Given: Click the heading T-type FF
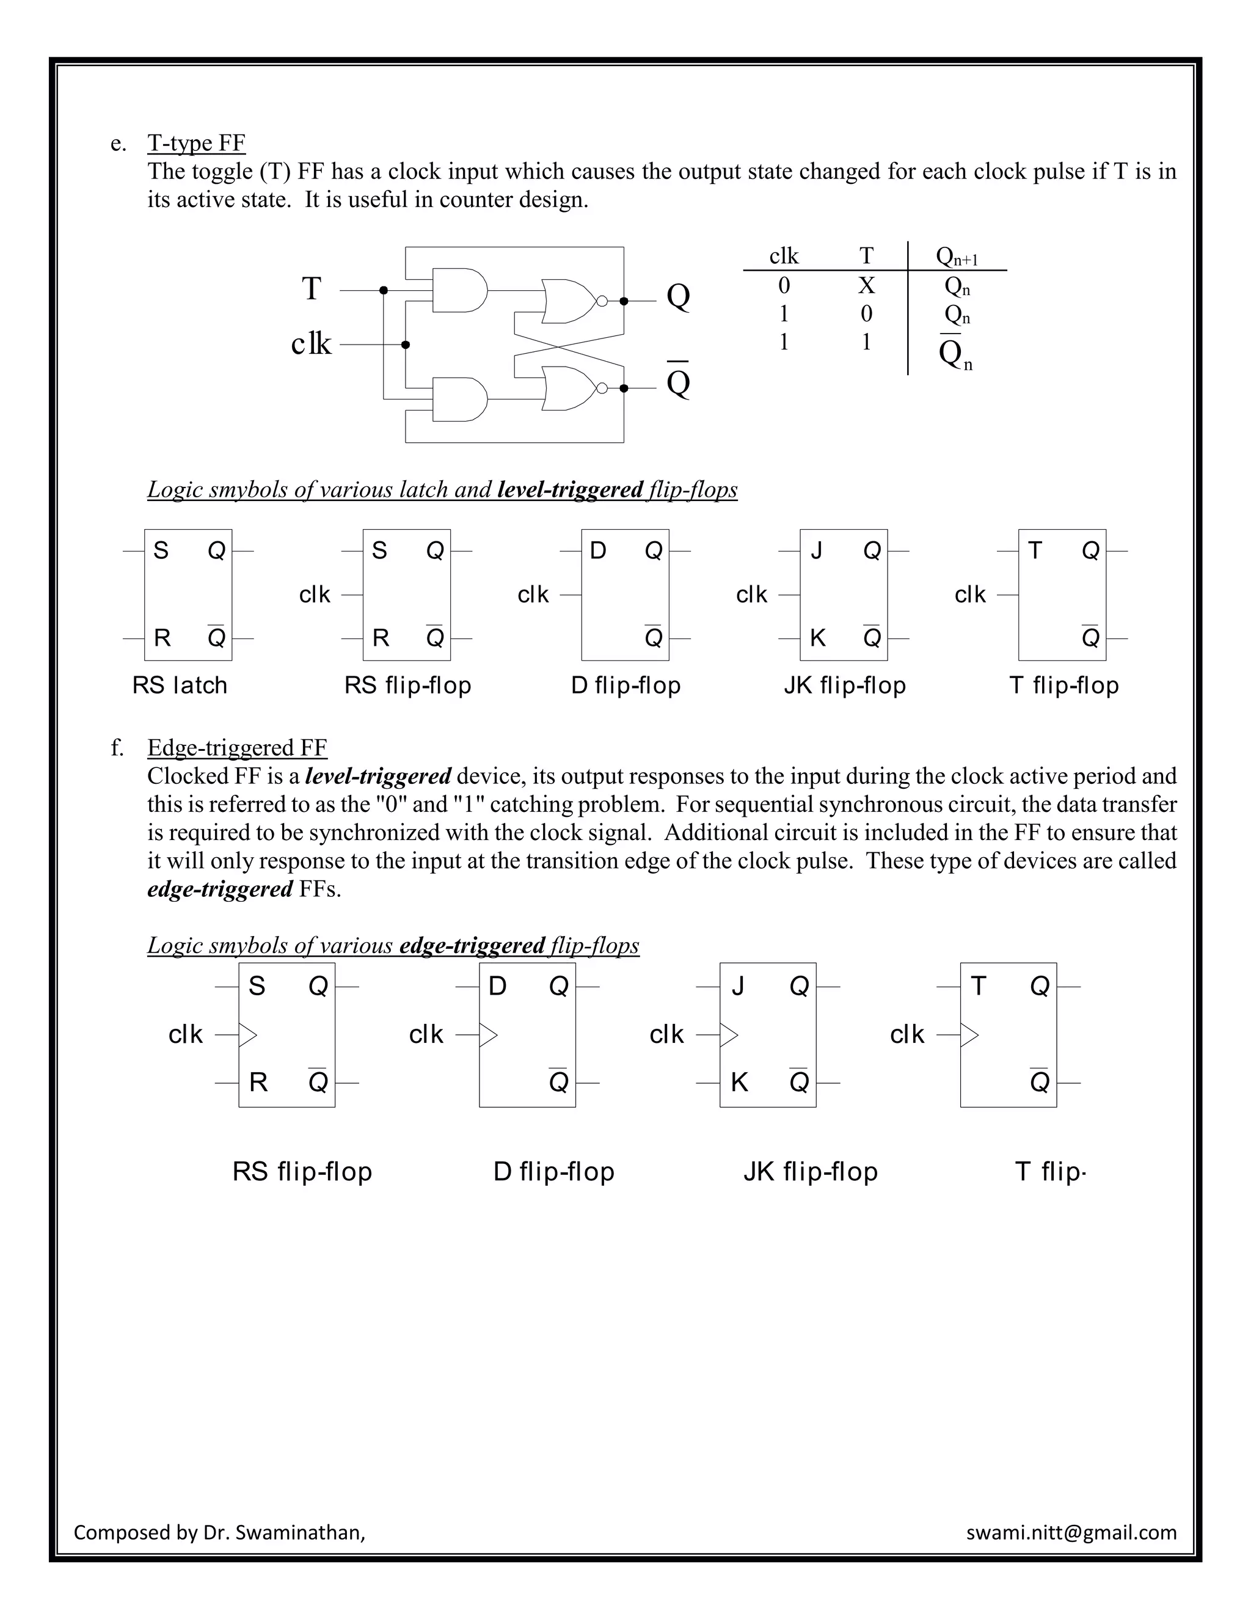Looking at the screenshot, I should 197,142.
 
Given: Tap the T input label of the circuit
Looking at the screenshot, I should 312,289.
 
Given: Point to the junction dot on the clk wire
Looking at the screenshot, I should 406,345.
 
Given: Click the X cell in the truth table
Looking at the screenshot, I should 866,285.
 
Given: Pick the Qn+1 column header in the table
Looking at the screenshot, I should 957,257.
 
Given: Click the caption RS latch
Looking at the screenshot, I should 180,685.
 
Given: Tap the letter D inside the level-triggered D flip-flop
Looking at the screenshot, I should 598,551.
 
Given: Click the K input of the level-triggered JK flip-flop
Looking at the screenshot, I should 817,637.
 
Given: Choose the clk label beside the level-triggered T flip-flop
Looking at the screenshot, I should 970,594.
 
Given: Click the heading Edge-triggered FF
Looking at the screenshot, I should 237,747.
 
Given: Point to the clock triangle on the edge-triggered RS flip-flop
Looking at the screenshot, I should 247,1035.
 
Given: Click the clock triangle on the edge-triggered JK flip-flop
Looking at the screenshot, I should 729,1035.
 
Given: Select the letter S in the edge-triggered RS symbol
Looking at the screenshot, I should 257,986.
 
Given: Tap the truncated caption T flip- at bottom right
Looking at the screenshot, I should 1050,1172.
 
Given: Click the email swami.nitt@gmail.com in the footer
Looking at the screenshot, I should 1071,1532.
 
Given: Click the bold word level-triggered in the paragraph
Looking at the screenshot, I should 378,776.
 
